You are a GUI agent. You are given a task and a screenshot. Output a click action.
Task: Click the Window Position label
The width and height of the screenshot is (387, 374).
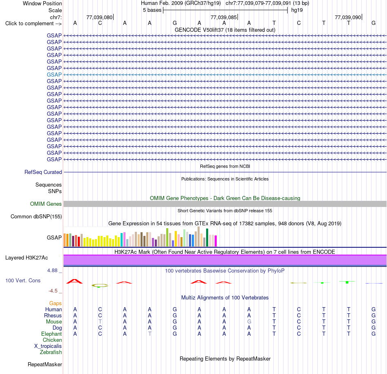(42, 3)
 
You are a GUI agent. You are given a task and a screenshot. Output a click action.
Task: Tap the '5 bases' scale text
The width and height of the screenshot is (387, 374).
(152, 10)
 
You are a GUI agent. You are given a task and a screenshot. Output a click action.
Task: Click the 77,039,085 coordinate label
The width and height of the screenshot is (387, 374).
(224, 17)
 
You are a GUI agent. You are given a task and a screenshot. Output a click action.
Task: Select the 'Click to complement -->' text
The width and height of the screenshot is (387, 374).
(33, 24)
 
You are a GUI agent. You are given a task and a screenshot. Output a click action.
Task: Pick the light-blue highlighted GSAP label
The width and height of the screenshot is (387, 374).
(54, 75)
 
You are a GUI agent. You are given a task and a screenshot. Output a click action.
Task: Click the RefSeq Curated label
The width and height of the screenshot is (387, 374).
(43, 172)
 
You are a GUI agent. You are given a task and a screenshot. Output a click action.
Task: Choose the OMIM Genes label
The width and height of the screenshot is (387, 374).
(46, 204)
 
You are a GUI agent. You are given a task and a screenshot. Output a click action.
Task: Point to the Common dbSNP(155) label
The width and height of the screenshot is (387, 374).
(36, 216)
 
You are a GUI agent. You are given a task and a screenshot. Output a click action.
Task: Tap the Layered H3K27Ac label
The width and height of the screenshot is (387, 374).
(26, 258)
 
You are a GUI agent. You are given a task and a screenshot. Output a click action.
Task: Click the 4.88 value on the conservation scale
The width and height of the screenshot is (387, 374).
(52, 271)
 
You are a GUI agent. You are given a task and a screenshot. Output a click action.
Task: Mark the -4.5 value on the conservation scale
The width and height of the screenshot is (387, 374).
(53, 291)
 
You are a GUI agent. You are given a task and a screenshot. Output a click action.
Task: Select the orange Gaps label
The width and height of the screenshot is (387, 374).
(55, 304)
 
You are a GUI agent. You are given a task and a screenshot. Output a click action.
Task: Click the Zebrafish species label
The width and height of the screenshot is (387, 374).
(51, 352)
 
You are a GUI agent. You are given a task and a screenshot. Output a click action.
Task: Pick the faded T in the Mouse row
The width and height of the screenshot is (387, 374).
(100, 322)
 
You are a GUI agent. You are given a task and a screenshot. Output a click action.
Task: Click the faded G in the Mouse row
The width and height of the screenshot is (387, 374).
(249, 322)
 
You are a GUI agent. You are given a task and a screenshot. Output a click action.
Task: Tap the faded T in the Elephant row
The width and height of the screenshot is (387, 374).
(150, 334)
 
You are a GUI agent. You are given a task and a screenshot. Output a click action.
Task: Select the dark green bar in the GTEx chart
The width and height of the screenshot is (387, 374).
(207, 238)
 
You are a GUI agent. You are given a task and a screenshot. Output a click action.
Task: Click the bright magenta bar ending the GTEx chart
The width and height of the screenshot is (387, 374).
(216, 241)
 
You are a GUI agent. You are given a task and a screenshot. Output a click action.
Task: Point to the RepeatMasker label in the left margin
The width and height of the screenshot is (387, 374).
(45, 364)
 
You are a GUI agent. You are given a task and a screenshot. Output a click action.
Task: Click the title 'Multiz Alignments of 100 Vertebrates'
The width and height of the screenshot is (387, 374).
(225, 298)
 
